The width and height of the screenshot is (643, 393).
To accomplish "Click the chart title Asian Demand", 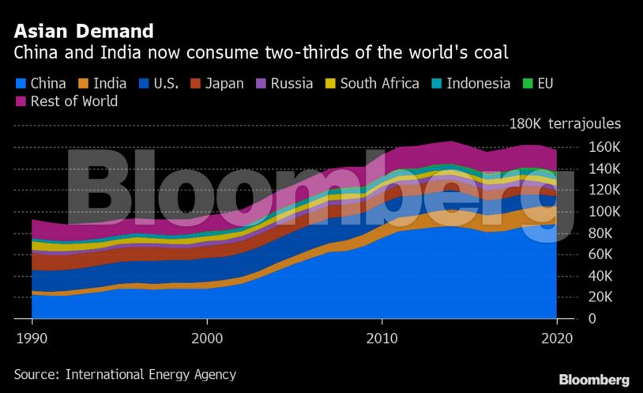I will [83, 32].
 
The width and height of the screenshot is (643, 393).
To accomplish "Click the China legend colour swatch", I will [21, 83].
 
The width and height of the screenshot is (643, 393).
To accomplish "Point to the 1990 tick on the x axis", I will [32, 337].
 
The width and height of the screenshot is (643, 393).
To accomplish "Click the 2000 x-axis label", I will [207, 337].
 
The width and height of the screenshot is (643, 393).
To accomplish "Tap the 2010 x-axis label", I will [382, 337].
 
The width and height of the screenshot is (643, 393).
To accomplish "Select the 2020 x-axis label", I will [557, 337].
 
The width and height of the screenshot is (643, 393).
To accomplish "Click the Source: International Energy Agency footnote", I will [125, 374].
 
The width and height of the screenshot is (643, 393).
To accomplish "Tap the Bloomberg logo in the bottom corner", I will [594, 380].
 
